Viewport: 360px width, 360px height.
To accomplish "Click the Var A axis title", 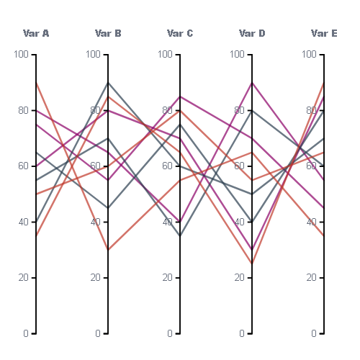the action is coord(36,33).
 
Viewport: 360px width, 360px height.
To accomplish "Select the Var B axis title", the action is coord(108,33).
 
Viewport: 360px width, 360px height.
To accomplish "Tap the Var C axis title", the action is coord(180,33).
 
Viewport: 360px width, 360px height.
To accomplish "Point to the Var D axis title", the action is coord(252,33).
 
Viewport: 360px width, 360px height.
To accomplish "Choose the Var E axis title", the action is coord(324,33).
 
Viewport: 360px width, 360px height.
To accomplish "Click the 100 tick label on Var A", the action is coord(21,54).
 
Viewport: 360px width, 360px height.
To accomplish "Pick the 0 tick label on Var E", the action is coord(314,333).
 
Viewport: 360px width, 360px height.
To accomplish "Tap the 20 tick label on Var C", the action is coord(168,278).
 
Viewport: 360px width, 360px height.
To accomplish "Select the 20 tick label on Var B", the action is coord(96,278).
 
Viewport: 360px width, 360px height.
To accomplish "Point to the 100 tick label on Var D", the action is coord(237,54).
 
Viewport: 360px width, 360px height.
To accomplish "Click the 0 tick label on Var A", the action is coord(26,333).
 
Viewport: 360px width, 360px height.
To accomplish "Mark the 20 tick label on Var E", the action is coord(312,278).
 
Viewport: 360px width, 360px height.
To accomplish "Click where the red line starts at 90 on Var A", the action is coord(36,83).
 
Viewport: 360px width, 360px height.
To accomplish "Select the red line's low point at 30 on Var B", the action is coord(108,250).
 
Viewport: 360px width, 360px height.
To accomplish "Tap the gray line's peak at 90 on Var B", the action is coord(108,83).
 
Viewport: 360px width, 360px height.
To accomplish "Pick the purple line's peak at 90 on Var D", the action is coord(252,83).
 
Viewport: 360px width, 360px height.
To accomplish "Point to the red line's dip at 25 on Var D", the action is coord(252,264).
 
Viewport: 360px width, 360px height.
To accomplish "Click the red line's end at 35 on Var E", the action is coord(324,236).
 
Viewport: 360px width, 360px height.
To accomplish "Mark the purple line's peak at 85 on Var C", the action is coord(180,96).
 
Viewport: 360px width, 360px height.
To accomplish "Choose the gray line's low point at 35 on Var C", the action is coord(180,236).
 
